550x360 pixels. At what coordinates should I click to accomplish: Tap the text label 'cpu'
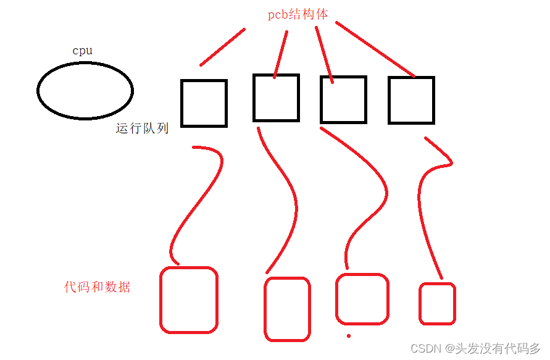[83, 51]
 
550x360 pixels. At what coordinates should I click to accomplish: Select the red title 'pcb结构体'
[298, 15]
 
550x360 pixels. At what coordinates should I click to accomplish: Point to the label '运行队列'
[142, 129]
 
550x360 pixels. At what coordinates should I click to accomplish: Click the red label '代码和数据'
[98, 287]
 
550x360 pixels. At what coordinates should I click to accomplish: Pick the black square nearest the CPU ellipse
[204, 103]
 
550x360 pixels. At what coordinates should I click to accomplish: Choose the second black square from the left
[276, 98]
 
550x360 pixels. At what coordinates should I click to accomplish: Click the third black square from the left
[343, 99]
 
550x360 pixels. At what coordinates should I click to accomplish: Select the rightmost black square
[411, 100]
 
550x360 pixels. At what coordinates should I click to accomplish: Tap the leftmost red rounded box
[189, 299]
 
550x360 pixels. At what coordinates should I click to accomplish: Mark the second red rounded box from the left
[287, 309]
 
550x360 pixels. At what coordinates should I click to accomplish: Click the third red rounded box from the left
[362, 299]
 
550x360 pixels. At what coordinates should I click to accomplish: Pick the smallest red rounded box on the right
[437, 303]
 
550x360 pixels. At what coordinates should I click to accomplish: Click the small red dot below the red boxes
[349, 336]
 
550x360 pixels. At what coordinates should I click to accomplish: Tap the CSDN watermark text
[475, 348]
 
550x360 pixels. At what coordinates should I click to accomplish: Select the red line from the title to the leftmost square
[222, 47]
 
